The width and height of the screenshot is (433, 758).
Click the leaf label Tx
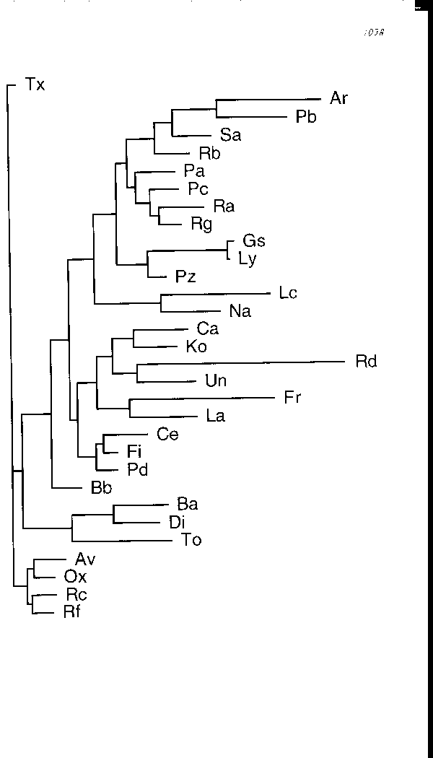pyautogui.click(x=35, y=85)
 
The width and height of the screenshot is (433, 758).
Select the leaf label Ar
pyautogui.click(x=338, y=99)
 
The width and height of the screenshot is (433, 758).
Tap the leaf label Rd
pyautogui.click(x=367, y=362)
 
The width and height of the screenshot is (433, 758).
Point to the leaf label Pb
pyautogui.click(x=306, y=117)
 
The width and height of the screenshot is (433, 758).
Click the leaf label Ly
pyautogui.click(x=247, y=258)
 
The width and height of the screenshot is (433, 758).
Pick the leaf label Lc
pyautogui.click(x=287, y=293)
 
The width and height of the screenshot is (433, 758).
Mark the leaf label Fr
pyautogui.click(x=292, y=398)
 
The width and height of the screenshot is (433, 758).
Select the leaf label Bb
pyautogui.click(x=101, y=488)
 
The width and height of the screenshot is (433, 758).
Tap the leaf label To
pyautogui.click(x=192, y=540)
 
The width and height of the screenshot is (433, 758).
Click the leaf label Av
pyautogui.click(x=85, y=559)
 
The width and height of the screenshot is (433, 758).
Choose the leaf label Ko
pyautogui.click(x=196, y=347)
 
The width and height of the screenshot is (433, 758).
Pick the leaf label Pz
pyautogui.click(x=185, y=276)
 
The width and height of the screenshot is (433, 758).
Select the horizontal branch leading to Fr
pyautogui.click(x=202, y=399)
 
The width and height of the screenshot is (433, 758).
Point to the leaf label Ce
pyautogui.click(x=167, y=435)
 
